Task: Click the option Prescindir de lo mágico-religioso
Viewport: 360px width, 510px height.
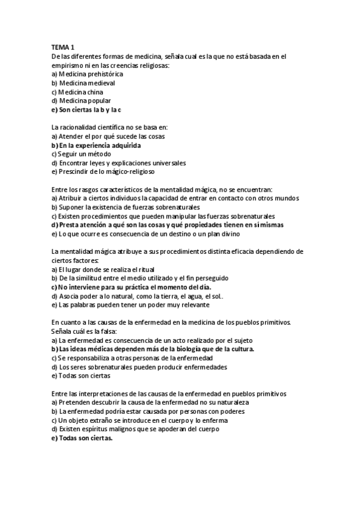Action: [x=104, y=172]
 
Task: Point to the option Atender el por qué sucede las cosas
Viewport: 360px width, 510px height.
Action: [x=108, y=137]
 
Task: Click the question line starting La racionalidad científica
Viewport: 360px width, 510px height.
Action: [x=110, y=127]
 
